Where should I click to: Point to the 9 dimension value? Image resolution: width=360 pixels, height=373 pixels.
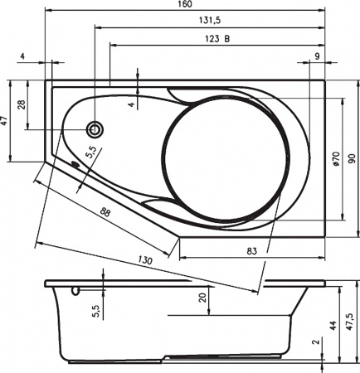coord(317,56)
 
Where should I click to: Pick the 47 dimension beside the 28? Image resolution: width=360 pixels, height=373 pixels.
coord(5,121)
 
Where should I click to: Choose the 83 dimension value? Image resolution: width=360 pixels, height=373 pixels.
coord(251,249)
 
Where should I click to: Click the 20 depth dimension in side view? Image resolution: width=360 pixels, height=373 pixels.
coord(202,298)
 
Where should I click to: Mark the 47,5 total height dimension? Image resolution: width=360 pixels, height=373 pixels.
coord(351,320)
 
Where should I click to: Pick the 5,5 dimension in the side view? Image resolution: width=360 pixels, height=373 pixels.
coord(95,310)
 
